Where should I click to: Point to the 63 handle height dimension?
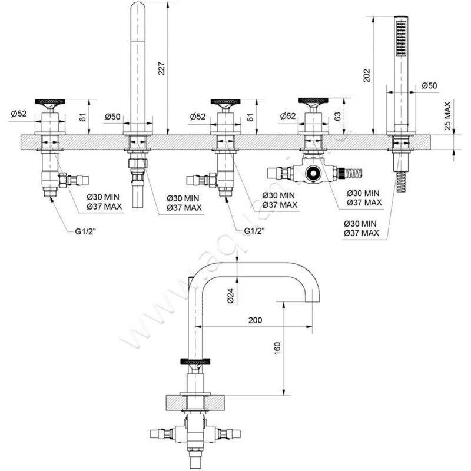[337, 117]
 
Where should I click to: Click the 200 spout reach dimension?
[254, 320]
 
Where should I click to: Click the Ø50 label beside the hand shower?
[430, 87]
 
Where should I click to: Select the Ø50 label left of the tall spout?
[112, 117]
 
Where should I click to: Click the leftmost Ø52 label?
[19, 114]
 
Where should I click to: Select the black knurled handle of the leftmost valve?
[49, 102]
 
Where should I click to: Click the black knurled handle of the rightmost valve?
[312, 101]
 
